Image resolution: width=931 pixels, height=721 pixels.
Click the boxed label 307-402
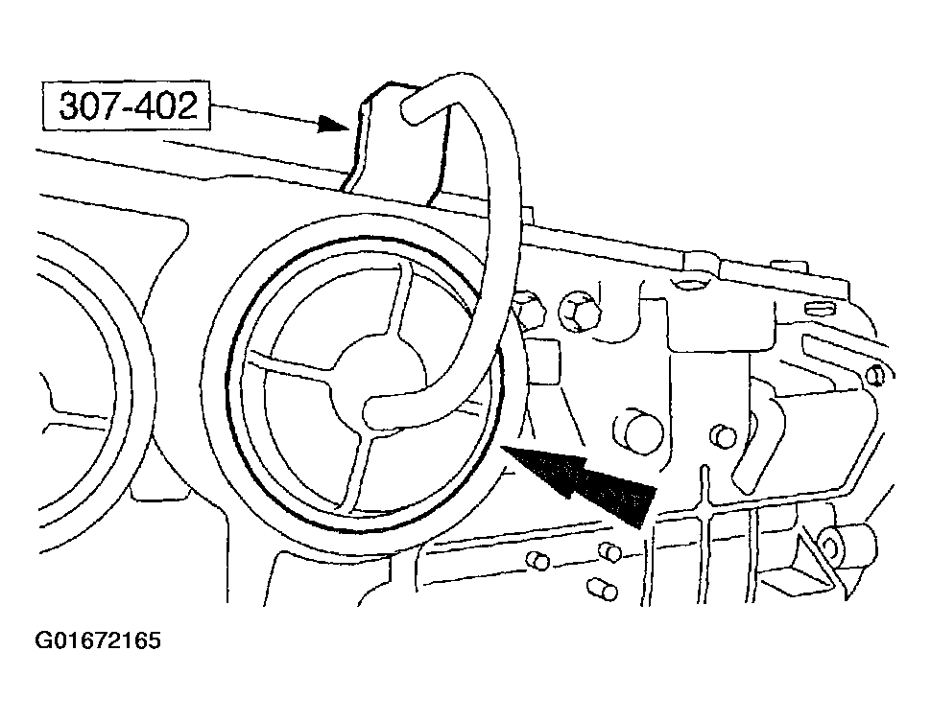(127, 106)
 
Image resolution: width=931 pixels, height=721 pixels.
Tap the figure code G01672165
(98, 641)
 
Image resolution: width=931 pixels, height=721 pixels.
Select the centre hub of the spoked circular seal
(380, 380)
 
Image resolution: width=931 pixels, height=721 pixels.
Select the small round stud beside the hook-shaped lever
(723, 436)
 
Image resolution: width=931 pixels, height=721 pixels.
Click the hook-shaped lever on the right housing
(759, 442)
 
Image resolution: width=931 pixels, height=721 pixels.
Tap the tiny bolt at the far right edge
(875, 375)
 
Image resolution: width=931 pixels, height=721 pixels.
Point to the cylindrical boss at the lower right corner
(847, 544)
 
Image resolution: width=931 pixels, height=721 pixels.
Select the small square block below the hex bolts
(542, 361)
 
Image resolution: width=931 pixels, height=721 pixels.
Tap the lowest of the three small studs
(602, 590)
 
